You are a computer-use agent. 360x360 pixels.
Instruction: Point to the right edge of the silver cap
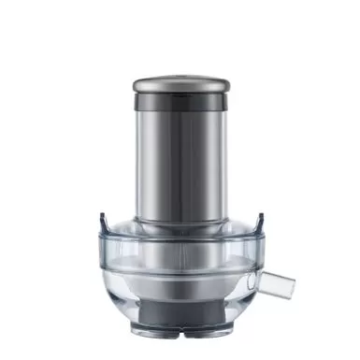point(229,83)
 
